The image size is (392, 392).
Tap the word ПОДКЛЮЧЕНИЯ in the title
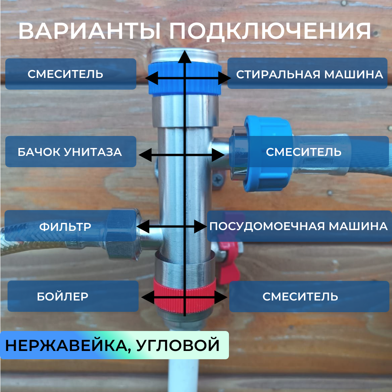(x=270, y=31)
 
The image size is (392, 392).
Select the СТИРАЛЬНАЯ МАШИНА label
(x=309, y=74)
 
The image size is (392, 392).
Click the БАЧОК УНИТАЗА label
(x=70, y=152)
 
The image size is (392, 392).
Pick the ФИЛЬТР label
(x=66, y=227)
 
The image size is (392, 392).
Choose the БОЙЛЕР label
(x=63, y=296)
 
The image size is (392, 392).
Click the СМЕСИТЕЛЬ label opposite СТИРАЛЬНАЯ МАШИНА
(x=65, y=74)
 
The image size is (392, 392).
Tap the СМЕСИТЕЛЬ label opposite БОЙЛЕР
(x=300, y=297)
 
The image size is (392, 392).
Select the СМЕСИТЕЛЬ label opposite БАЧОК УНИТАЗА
(x=304, y=152)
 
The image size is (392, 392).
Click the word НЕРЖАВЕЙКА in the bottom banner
(x=66, y=345)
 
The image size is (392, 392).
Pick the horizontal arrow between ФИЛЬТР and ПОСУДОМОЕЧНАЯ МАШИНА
(x=171, y=226)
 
